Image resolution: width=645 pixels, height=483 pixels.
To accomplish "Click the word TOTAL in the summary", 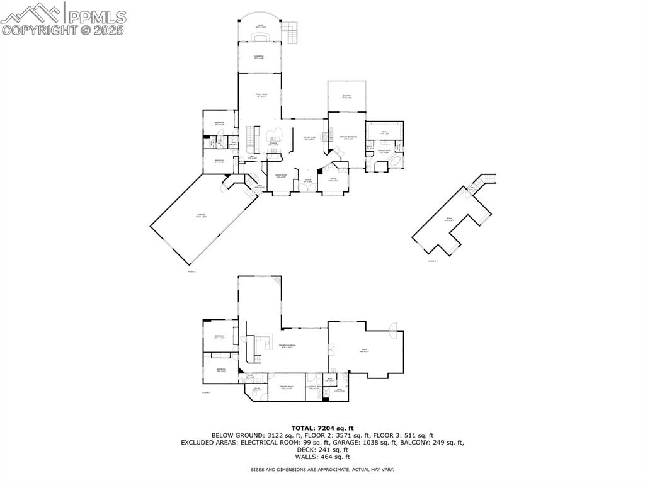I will (305, 428).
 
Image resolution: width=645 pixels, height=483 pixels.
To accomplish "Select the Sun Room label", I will (259, 57).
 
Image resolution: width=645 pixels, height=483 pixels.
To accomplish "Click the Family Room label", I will (261, 95).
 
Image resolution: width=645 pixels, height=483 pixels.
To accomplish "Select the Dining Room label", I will (281, 176).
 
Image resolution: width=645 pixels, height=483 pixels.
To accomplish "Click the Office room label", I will (333, 180).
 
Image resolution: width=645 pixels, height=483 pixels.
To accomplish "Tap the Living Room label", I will (309, 138).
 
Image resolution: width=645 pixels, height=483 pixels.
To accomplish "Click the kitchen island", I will (275, 134).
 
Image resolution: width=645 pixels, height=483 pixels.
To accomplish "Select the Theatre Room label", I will (287, 388).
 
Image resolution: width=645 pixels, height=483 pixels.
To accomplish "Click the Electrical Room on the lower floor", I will (315, 387).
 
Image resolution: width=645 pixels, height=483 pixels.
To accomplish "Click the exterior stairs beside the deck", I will (290, 31).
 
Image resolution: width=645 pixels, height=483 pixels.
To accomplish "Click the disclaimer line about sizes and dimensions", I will (322, 470).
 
